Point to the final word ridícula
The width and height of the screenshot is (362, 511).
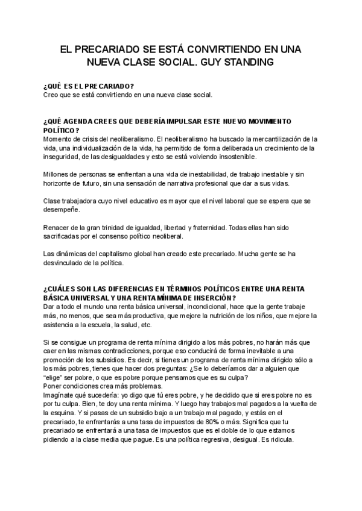[x=278, y=439]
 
